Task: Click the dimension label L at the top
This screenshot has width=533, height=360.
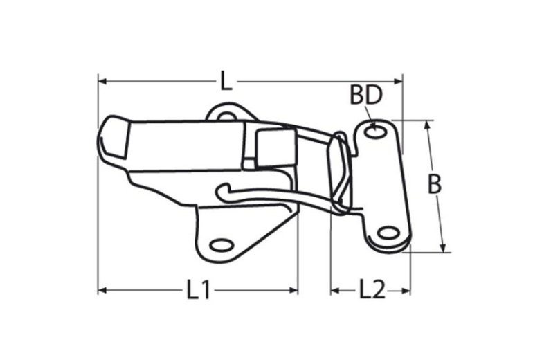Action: coord(226,81)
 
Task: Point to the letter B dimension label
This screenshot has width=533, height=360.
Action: coord(434,184)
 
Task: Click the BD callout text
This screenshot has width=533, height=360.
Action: coord(365,96)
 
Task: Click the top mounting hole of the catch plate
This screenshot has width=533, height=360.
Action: coord(378,130)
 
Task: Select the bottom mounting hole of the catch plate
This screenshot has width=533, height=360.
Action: coord(389,233)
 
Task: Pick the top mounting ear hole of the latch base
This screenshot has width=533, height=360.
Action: coord(226,116)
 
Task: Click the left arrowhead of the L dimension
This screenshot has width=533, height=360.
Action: coord(102,82)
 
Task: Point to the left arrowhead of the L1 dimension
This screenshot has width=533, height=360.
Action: coord(102,290)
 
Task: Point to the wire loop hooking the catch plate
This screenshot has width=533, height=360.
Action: coord(339,173)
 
